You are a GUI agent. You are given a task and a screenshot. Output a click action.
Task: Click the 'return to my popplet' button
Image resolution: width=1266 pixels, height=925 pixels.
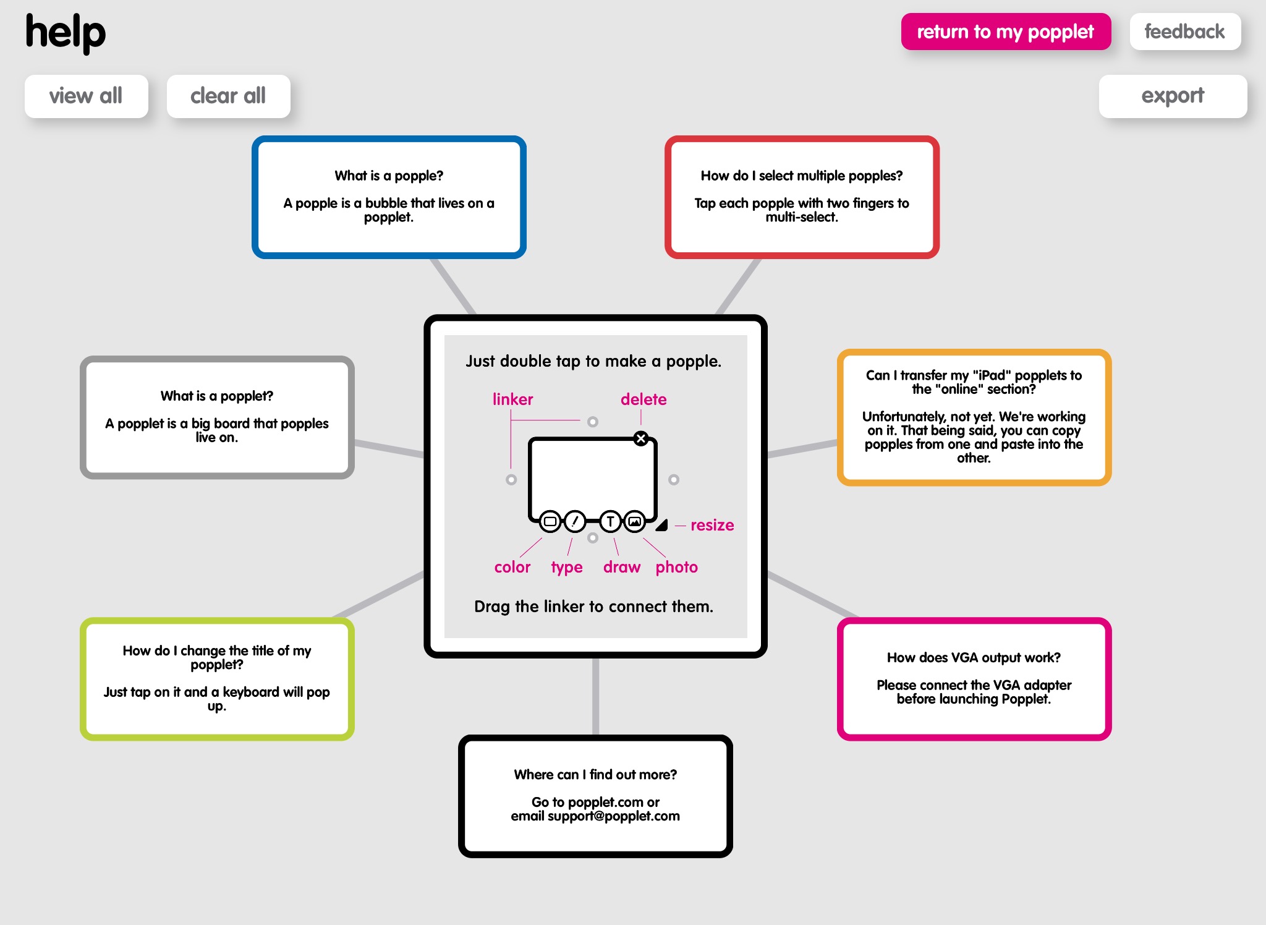pos(1005,32)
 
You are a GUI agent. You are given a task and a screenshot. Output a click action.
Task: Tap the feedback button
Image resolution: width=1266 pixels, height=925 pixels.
pos(1184,32)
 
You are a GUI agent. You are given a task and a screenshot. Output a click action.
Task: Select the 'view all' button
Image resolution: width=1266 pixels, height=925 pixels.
pos(86,96)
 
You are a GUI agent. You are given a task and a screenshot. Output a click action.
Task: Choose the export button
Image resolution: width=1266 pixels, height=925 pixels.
pos(1172,96)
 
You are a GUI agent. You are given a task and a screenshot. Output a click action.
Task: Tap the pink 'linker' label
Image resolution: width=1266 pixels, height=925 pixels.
pos(512,399)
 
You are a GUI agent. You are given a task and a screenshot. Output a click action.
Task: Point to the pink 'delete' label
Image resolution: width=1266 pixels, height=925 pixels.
pos(643,399)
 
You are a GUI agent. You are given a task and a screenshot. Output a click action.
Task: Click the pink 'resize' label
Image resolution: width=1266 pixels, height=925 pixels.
pos(712,525)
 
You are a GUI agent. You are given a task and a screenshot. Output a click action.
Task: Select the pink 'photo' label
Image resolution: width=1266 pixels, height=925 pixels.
pos(676,567)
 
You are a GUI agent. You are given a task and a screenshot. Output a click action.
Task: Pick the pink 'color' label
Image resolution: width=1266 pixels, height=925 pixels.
pos(512,567)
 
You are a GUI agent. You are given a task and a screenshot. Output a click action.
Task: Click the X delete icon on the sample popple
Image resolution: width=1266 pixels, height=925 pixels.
pos(641,438)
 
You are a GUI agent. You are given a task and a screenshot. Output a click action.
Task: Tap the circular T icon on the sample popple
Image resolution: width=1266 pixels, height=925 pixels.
pos(610,521)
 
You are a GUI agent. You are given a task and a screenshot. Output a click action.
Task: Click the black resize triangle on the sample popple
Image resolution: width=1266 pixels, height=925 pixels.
pos(662,525)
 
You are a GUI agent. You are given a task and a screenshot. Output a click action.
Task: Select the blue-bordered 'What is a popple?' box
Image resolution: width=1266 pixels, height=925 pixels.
pos(389,197)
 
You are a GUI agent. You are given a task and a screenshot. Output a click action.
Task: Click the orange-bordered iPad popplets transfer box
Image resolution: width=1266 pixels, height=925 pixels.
pos(974,417)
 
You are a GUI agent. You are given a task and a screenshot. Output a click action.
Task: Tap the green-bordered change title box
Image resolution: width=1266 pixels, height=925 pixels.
pos(217,678)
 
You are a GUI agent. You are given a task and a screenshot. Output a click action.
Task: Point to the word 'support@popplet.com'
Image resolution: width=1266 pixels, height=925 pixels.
pos(613,816)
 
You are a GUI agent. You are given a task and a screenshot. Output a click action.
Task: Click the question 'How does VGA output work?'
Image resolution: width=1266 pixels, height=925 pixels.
pos(974,657)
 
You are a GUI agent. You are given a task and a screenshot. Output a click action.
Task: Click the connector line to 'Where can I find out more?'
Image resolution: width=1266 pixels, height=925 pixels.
pos(595,696)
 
